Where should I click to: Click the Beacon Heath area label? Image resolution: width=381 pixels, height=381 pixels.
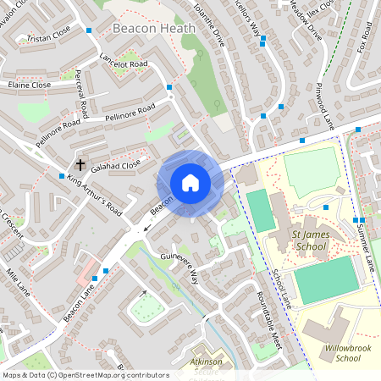(153, 28)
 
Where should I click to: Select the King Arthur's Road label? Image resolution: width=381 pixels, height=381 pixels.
(95, 196)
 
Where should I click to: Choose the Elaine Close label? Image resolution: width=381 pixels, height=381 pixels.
(29, 85)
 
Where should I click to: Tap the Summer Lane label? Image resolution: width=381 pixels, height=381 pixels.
(364, 242)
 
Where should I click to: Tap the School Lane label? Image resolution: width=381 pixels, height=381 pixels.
(280, 288)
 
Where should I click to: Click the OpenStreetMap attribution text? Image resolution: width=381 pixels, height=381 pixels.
(85, 374)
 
